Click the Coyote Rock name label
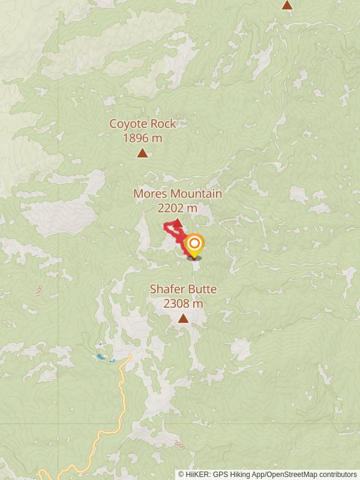pos(142,124)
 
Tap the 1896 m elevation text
pos(142,138)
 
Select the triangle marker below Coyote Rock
pos(142,153)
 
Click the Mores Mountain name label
pos(178,194)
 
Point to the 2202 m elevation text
pos(178,208)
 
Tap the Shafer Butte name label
pos(183,289)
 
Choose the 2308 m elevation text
pos(183,304)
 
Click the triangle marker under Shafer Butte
pos(183,319)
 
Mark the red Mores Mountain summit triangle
pos(178,223)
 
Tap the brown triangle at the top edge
pos(287,5)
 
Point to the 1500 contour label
pos(39,292)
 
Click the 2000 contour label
pos(179,445)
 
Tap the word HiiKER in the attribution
pos(196,475)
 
